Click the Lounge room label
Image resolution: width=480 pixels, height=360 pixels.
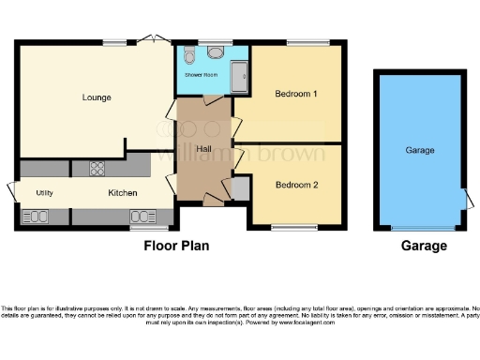[x=97, y=97]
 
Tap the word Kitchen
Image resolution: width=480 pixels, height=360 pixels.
[x=123, y=193]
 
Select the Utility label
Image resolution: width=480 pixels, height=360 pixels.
[x=44, y=192]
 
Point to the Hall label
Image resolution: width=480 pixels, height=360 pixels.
[x=202, y=149]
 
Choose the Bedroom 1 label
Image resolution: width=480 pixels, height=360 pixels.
[x=295, y=95]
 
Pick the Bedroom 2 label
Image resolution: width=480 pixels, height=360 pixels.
[x=296, y=185]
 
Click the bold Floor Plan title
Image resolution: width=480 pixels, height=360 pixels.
[x=175, y=247]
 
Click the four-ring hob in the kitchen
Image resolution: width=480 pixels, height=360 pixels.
[x=97, y=169]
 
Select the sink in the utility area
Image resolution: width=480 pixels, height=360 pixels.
[x=35, y=217]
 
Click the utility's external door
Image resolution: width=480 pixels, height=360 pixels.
[x=11, y=190]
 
